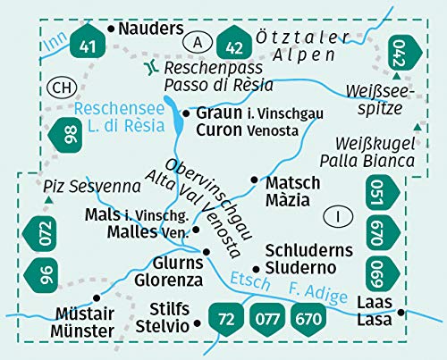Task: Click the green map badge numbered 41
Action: (87, 46)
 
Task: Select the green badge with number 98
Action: (68, 136)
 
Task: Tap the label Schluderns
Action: (308, 251)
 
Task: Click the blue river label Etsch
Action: (240, 280)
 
